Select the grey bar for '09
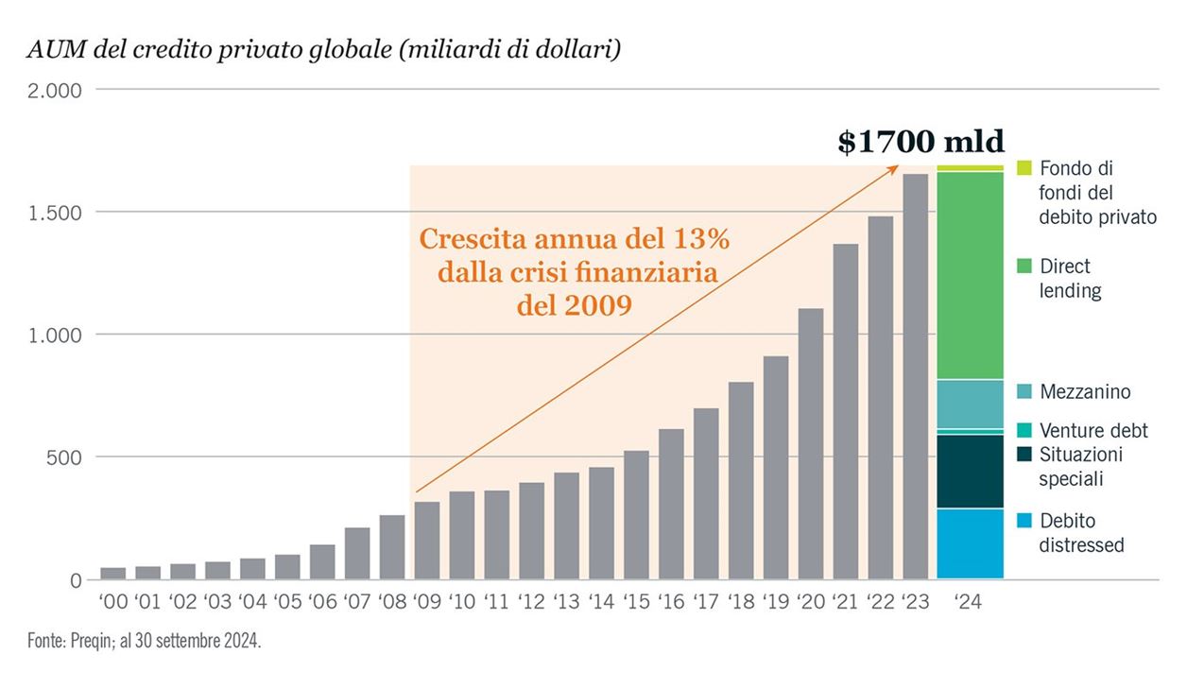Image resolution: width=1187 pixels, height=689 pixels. pyautogui.click(x=427, y=540)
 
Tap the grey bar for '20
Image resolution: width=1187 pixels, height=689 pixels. pyautogui.click(x=811, y=443)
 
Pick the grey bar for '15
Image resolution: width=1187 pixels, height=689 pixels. pyautogui.click(x=636, y=514)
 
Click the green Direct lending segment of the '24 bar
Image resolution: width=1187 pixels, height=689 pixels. pyautogui.click(x=970, y=275)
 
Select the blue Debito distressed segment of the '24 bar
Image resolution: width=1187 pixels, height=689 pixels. pyautogui.click(x=970, y=543)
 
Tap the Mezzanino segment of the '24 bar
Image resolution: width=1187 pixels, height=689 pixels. pyautogui.click(x=970, y=404)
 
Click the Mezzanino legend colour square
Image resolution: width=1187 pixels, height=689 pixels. pyautogui.click(x=1024, y=391)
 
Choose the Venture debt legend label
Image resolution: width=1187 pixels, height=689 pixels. pyautogui.click(x=1093, y=431)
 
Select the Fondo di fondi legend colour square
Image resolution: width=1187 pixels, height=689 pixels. pyautogui.click(x=1024, y=168)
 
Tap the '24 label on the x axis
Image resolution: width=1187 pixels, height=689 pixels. pyautogui.click(x=968, y=601)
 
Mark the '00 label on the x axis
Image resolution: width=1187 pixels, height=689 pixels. pyautogui.click(x=112, y=601)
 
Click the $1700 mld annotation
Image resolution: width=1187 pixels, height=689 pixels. pyautogui.click(x=920, y=142)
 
